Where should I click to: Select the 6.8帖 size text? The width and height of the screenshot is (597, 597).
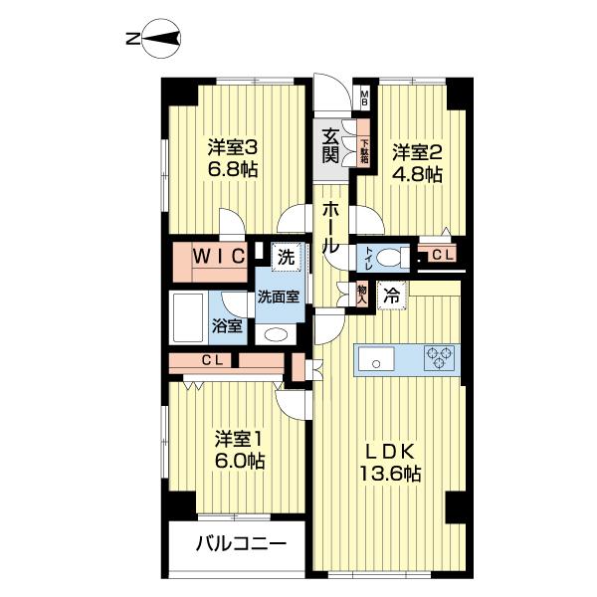pyautogui.click(x=233, y=170)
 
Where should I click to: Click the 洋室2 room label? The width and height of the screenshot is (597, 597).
pyautogui.click(x=416, y=153)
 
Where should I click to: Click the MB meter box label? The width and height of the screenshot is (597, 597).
pyautogui.click(x=364, y=98)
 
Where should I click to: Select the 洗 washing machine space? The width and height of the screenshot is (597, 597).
pyautogui.click(x=287, y=257)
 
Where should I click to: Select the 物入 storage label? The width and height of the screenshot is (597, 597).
pyautogui.click(x=363, y=293)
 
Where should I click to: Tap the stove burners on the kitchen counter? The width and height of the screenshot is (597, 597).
pyautogui.click(x=439, y=358)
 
